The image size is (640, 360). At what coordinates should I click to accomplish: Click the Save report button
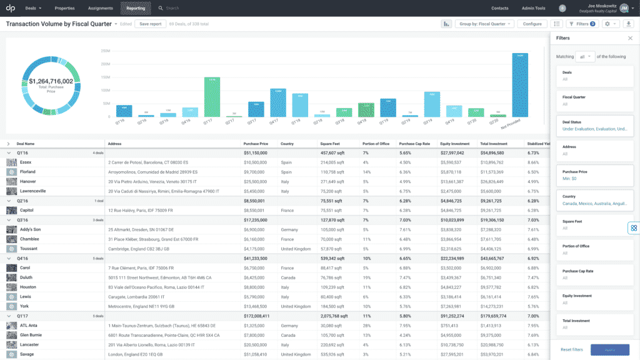click(x=150, y=24)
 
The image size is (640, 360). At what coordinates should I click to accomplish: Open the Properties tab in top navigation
click(x=64, y=8)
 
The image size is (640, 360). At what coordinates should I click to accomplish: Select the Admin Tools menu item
click(x=533, y=8)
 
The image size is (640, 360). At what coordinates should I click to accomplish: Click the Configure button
click(x=532, y=24)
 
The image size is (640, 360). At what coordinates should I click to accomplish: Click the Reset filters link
click(x=571, y=349)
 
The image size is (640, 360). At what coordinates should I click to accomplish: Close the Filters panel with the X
click(x=629, y=38)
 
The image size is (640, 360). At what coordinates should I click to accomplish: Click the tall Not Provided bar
click(x=519, y=84)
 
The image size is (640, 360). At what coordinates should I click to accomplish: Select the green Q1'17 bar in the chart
click(x=212, y=97)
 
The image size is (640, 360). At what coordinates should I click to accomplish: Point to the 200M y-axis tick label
click(x=105, y=51)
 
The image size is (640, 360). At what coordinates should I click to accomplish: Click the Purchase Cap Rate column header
click(x=415, y=143)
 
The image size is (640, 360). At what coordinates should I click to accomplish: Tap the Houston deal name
click(x=28, y=287)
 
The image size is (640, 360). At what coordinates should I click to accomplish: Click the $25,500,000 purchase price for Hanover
click(x=255, y=181)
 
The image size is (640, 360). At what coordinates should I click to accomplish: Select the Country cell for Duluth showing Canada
click(x=288, y=277)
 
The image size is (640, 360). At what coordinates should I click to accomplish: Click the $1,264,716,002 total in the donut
click(x=51, y=81)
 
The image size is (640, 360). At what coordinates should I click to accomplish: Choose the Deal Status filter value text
click(x=595, y=129)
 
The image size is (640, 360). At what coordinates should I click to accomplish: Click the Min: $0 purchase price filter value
click(x=570, y=179)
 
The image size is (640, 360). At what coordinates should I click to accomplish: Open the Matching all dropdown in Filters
click(x=586, y=57)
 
